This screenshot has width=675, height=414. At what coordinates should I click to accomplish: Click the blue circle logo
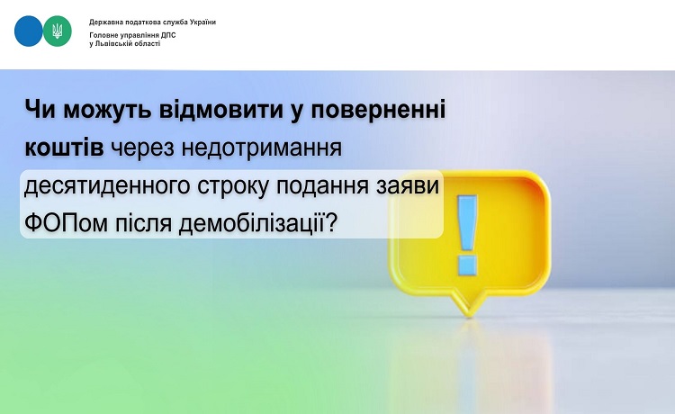tap(29, 31)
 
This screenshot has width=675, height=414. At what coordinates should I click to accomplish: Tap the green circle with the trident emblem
tap(58, 31)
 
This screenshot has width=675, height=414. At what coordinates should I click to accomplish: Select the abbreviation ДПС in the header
tap(168, 35)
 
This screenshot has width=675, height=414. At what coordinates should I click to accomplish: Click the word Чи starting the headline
tap(40, 109)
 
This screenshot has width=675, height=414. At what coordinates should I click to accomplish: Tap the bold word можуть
tap(109, 110)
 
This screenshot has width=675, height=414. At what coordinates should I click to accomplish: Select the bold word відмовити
tap(221, 109)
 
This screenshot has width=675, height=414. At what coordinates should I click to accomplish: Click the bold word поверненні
tap(378, 111)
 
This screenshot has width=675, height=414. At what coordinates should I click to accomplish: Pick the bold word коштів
tap(64, 148)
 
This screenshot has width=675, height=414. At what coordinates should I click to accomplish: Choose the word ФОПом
tap(67, 224)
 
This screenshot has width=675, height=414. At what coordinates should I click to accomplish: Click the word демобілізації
tap(251, 224)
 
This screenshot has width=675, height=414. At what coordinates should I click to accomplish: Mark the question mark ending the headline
tap(330, 223)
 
